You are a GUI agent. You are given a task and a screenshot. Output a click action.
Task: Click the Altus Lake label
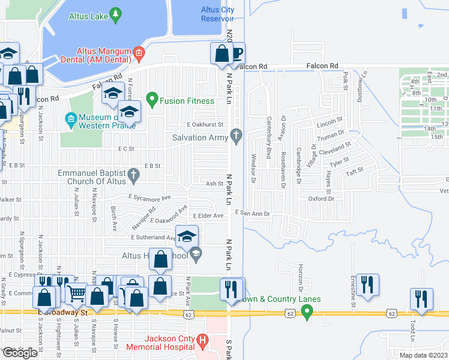pyautogui.click(x=88, y=16)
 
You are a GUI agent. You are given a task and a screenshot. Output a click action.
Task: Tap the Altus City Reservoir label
pyautogui.click(x=217, y=14)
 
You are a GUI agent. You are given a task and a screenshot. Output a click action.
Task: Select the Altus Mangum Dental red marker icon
pyautogui.click(x=139, y=52)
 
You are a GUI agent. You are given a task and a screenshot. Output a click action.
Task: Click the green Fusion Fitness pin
pyautogui.click(x=151, y=97)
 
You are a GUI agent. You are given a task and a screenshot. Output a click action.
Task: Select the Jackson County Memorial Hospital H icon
pyautogui.click(x=202, y=342)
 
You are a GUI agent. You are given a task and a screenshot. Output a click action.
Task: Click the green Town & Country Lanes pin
pyautogui.click(x=307, y=311)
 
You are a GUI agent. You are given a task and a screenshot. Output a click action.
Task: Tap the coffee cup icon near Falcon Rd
pyautogui.click(x=237, y=53)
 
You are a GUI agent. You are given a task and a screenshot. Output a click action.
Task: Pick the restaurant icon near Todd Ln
pyautogui.click(x=421, y=298)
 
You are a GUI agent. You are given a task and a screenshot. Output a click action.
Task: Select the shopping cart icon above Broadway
pyautogui.click(x=76, y=293)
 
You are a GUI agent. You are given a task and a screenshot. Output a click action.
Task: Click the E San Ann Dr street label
pyautogui.click(x=253, y=213)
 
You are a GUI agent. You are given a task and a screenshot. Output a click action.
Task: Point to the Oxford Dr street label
pyautogui.click(x=321, y=199)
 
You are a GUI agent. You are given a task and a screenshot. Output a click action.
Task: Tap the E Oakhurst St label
pyautogui.click(x=205, y=125)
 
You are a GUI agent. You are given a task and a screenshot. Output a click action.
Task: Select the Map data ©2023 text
pyautogui.click(x=424, y=355)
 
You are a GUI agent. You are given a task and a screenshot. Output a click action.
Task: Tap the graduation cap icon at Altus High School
pyautogui.click(x=187, y=236)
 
